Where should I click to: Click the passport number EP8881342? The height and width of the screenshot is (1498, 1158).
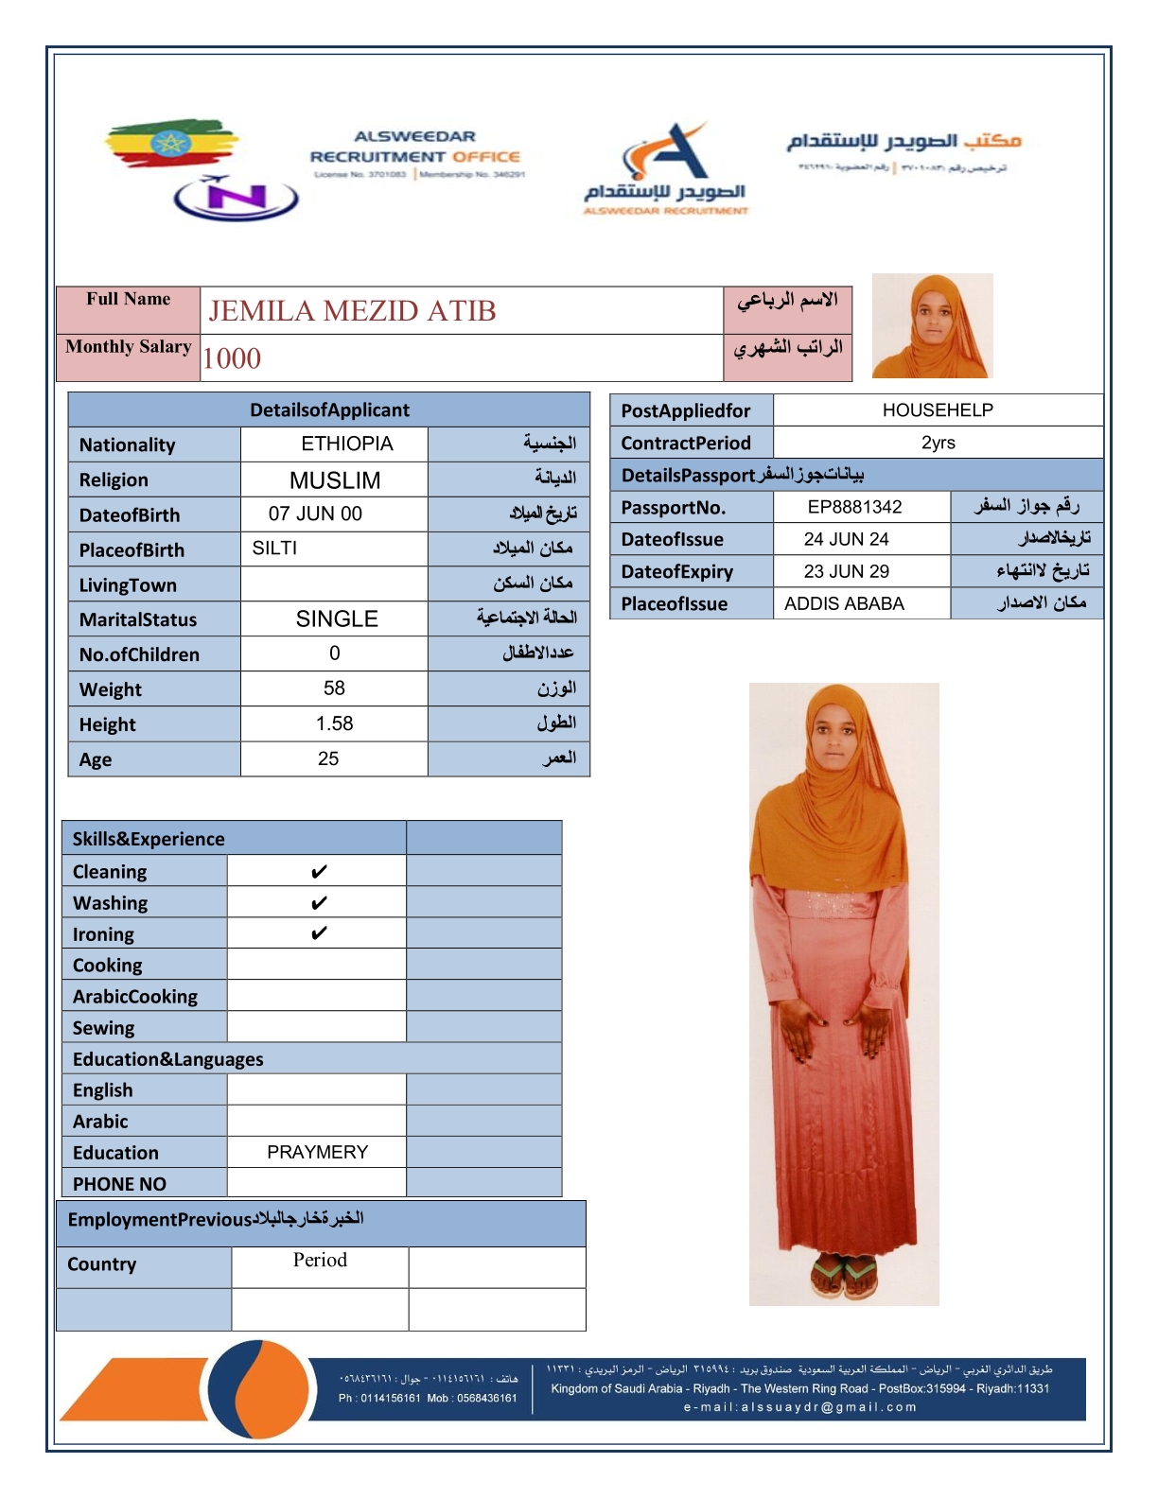tap(854, 507)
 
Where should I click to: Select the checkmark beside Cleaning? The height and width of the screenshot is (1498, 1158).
tap(319, 871)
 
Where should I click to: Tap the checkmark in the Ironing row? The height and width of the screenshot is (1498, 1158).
tap(319, 933)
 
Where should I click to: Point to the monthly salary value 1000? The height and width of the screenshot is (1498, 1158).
tap(232, 358)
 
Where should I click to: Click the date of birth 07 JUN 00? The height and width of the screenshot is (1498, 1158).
tap(315, 514)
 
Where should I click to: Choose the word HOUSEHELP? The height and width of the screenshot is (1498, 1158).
tap(938, 410)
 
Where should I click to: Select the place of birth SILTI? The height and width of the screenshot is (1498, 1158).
tap(274, 549)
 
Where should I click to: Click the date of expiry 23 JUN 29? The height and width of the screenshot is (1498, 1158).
tap(846, 571)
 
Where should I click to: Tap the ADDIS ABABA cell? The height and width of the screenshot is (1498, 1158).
tap(844, 603)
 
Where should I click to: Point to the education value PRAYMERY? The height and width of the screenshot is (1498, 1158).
tap(317, 1152)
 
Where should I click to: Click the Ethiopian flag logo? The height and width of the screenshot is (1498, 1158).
tap(170, 144)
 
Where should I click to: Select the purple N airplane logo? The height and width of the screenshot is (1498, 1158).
tap(236, 197)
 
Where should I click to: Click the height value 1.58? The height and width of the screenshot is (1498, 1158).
tap(334, 723)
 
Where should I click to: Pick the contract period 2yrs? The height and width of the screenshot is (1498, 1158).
tap(938, 443)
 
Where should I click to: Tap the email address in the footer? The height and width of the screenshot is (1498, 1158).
tap(799, 1406)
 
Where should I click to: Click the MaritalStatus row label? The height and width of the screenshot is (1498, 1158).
tap(138, 619)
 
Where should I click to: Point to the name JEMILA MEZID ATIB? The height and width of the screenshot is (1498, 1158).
tap(352, 311)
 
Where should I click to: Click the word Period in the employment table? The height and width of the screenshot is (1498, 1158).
tap(320, 1260)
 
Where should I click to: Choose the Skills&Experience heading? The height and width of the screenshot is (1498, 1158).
tap(149, 839)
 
